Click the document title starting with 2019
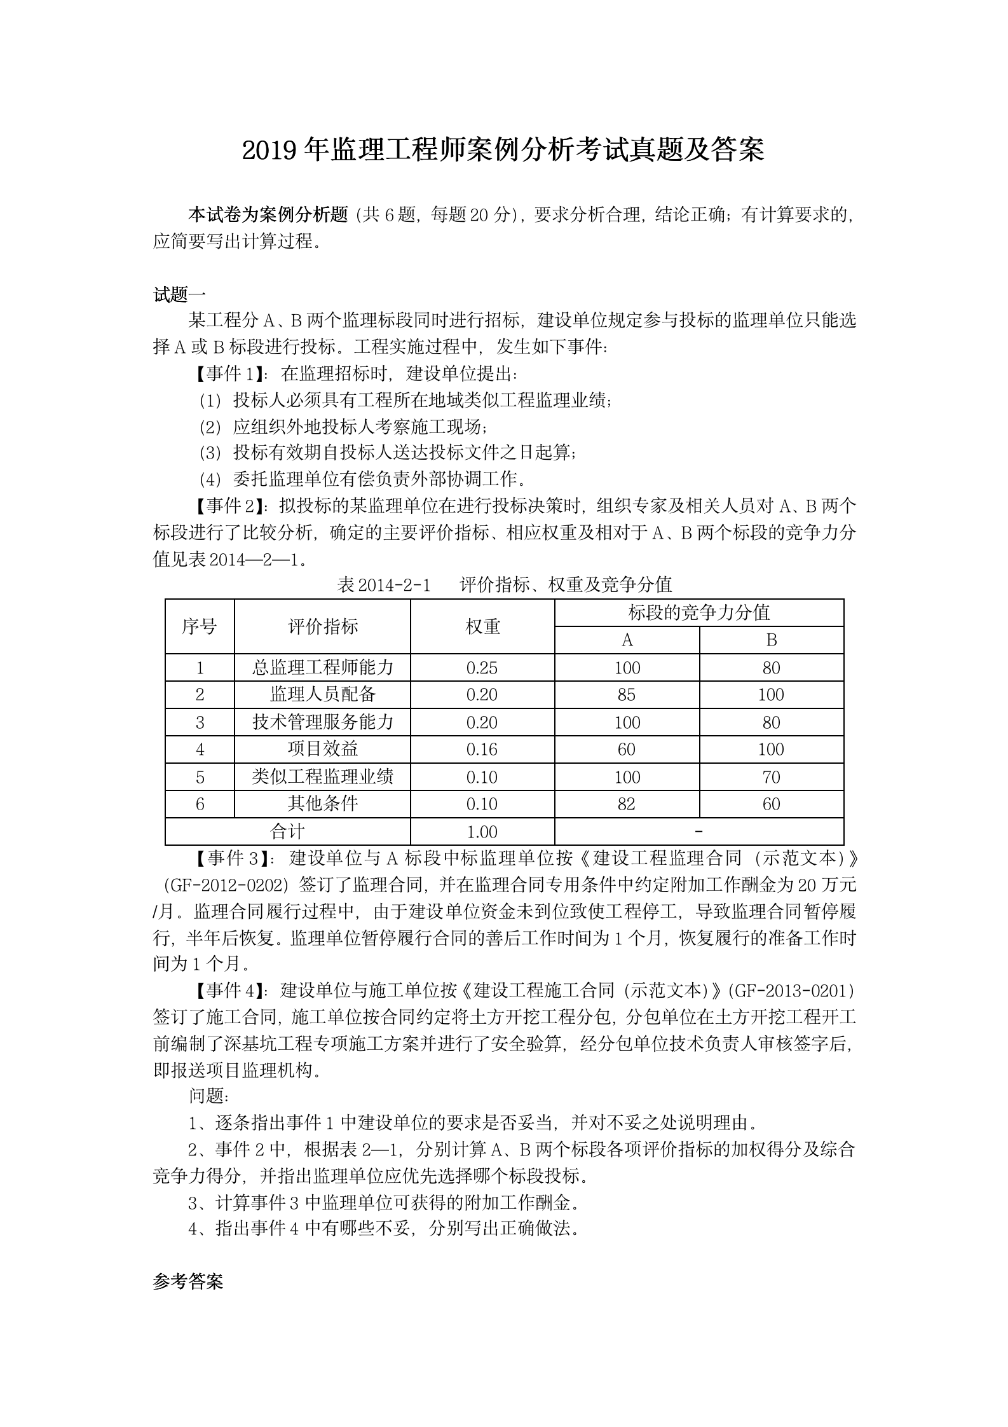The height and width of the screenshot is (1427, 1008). tap(503, 150)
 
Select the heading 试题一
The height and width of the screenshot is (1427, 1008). tap(179, 294)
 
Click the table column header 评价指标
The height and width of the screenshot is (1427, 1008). tap(322, 626)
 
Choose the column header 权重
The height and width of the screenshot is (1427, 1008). tap(482, 626)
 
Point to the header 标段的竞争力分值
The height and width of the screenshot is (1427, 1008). tap(698, 612)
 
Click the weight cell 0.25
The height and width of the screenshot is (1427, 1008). tap(482, 668)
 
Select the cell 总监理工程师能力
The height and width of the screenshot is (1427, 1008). tap(322, 668)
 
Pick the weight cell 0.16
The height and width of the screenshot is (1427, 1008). tap(482, 750)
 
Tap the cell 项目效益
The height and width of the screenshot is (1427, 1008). tap(322, 749)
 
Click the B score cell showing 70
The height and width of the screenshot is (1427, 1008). tap(771, 777)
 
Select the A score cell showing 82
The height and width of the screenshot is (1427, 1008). tap(627, 804)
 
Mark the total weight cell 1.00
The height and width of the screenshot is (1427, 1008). tap(482, 832)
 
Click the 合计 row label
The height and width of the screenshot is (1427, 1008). tap(287, 831)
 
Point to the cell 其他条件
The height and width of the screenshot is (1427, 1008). tap(322, 804)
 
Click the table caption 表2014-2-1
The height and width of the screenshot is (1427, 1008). tap(384, 584)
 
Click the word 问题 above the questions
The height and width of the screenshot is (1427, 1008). tap(207, 1096)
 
